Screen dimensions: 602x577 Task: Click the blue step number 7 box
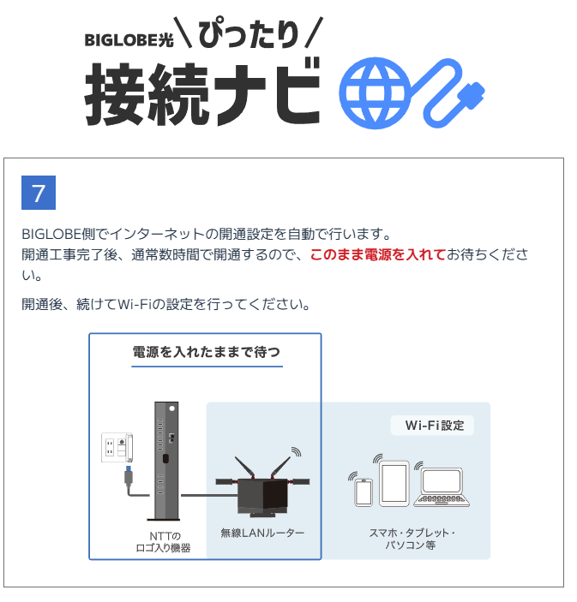click(x=38, y=193)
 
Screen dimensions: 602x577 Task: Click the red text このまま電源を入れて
click(x=377, y=255)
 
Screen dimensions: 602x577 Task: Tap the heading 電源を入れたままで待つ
click(x=206, y=352)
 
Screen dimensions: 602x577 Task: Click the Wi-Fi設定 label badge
click(x=434, y=426)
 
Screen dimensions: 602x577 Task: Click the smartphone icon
click(x=364, y=491)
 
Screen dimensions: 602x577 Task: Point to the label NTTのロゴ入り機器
click(x=165, y=542)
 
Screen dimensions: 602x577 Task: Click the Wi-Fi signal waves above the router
click(x=296, y=453)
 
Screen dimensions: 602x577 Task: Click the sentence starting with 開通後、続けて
click(x=165, y=304)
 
